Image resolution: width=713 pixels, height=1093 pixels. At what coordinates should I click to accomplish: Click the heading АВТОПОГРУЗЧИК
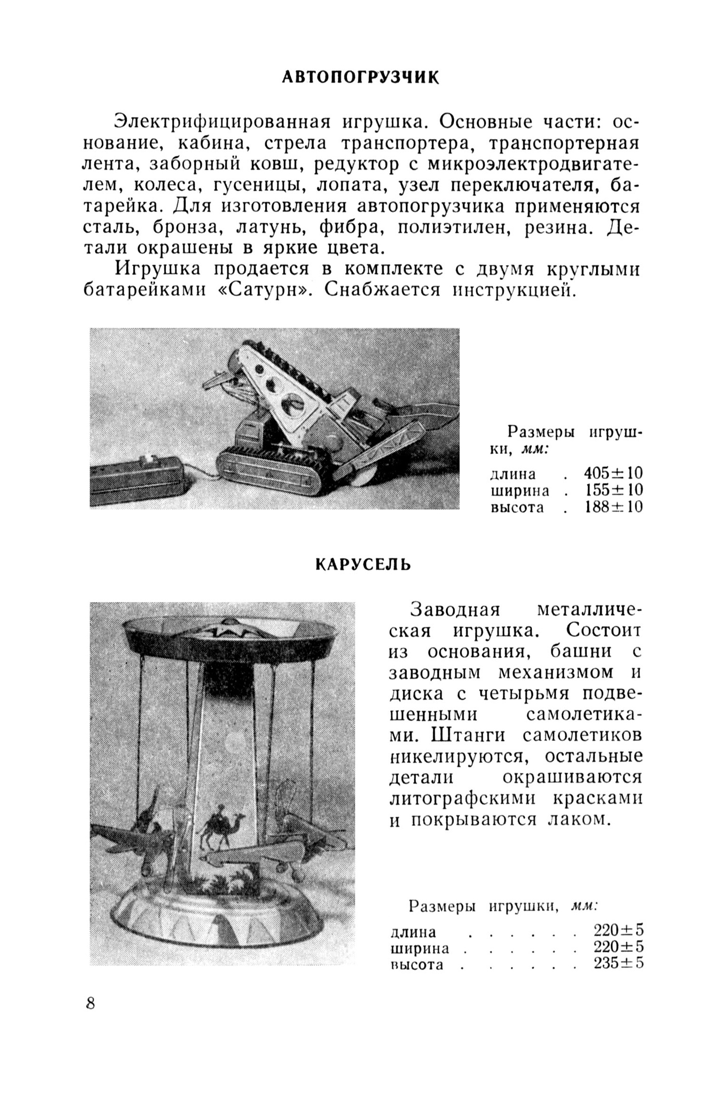pyautogui.click(x=361, y=77)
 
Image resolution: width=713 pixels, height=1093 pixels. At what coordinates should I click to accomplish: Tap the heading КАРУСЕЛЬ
pyautogui.click(x=363, y=564)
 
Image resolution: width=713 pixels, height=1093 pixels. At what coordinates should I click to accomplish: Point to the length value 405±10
pyautogui.click(x=613, y=473)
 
